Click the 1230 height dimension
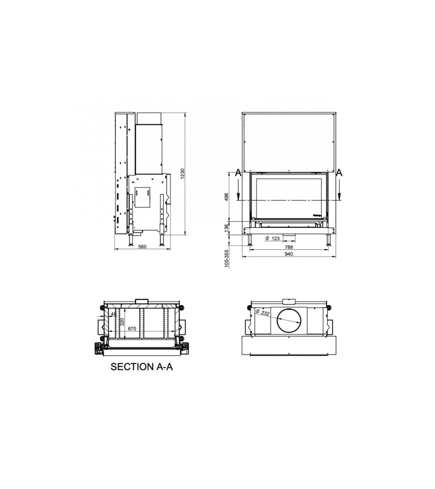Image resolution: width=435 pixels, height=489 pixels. point(183,174)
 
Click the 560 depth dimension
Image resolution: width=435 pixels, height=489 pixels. point(142,247)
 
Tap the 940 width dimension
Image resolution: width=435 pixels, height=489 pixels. point(289,254)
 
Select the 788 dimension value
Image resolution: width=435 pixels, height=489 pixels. point(289,247)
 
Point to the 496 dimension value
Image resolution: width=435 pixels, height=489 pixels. point(227,197)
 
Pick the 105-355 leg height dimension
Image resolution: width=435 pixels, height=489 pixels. point(227,259)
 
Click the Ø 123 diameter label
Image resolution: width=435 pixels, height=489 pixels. point(272,239)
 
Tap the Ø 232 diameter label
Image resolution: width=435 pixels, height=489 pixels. point(262,312)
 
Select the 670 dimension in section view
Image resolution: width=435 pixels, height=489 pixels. point(132,329)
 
